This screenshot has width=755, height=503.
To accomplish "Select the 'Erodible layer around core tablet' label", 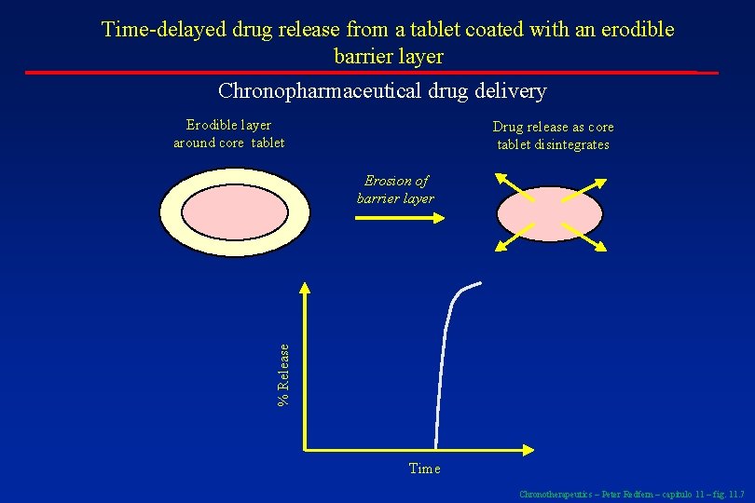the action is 228,134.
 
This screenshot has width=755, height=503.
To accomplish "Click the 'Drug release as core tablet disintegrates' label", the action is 553,136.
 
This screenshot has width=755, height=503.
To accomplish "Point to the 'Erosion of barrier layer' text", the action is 395,190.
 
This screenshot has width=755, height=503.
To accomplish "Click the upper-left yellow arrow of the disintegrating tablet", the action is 507,184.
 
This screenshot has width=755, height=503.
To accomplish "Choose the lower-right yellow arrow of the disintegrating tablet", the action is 588,238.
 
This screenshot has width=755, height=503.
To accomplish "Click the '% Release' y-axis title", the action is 283,373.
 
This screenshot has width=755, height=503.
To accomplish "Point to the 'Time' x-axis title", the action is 424,469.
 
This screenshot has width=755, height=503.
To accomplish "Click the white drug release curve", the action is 438,373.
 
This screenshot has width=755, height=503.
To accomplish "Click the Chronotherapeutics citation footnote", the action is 631,494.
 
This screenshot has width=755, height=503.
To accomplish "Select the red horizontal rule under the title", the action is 373,72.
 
